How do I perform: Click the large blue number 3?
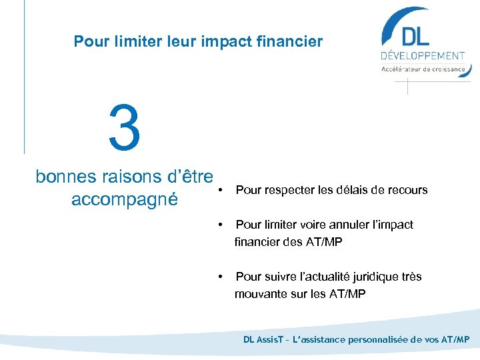[125, 127]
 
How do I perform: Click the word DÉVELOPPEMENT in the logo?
[423, 56]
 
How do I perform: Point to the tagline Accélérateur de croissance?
[423, 69]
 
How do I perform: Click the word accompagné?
[124, 199]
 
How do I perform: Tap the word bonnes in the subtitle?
[67, 177]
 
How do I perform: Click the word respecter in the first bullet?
[289, 190]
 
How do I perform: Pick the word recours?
[407, 190]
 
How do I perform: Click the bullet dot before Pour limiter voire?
[221, 225]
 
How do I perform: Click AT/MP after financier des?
[323, 242]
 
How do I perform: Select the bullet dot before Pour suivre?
[221, 277]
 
